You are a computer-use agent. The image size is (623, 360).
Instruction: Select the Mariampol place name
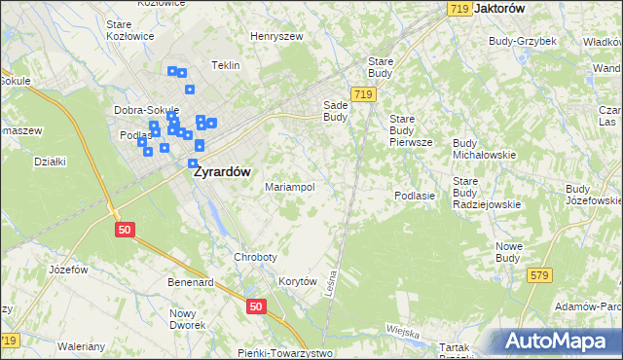289,187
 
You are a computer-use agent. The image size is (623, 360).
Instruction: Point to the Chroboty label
256,257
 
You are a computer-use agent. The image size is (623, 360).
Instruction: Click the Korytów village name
299,281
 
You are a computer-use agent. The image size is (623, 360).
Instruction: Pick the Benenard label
190,282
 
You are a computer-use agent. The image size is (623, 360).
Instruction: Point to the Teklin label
225,65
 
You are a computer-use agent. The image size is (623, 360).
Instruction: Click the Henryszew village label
276,36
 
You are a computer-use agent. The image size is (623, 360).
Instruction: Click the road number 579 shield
540,277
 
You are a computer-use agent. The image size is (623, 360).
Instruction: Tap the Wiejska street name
402,331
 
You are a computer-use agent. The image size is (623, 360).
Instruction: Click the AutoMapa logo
556,342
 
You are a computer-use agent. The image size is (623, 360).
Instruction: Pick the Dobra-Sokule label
142,110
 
